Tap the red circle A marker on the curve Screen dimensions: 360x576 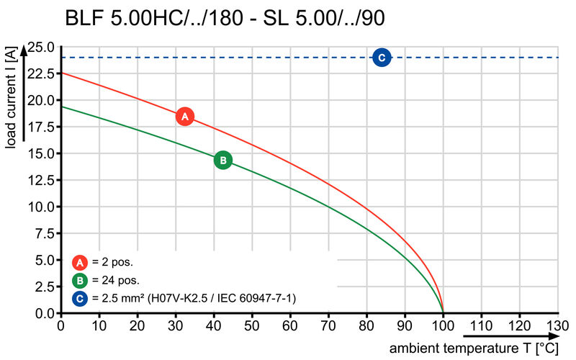pyautogui.click(x=185, y=116)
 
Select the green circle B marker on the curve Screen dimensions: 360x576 pyautogui.click(x=223, y=160)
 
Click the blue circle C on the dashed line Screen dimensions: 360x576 pyautogui.click(x=382, y=58)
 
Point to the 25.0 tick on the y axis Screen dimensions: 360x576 pyautogui.click(x=40, y=47)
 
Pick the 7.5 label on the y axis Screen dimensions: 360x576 pyautogui.click(x=43, y=233)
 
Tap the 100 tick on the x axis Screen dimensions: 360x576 pyautogui.click(x=443, y=325)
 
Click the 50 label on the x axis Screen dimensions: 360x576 pyautogui.click(x=252, y=325)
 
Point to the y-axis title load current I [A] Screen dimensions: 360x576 pyautogui.click(x=12, y=99)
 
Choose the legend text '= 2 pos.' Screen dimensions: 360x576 pyautogui.click(x=113, y=262)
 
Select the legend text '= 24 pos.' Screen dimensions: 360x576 pyautogui.click(x=116, y=280)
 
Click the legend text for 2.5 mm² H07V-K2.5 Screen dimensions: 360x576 pyautogui.click(x=194, y=297)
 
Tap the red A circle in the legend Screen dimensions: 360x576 pyautogui.click(x=81, y=262)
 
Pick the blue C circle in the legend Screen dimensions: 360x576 pyautogui.click(x=81, y=297)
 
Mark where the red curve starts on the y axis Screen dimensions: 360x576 pyautogui.click(x=60, y=73)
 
